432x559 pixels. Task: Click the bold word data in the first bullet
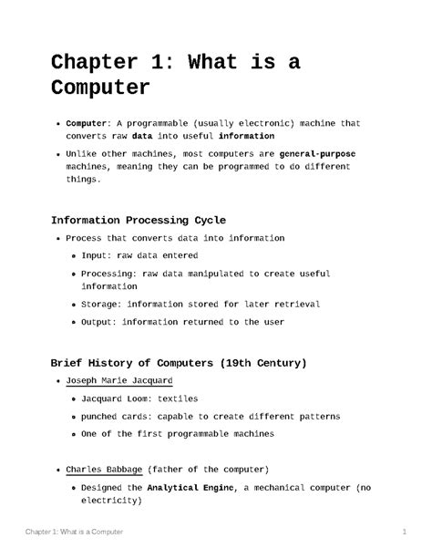(144, 138)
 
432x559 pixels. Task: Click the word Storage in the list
(102, 304)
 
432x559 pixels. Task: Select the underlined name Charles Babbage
(105, 469)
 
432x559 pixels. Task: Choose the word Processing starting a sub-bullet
(111, 273)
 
